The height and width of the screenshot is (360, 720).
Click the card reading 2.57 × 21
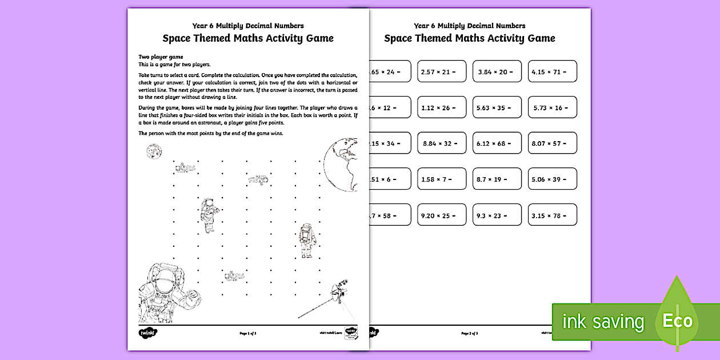click(x=442, y=71)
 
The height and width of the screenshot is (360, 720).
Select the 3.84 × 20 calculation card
click(x=497, y=71)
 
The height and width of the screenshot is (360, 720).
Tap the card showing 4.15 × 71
click(x=552, y=71)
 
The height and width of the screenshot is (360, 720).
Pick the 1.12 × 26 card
click(x=442, y=107)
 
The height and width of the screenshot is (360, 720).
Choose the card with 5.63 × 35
click(x=497, y=107)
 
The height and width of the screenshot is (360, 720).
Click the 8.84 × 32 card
click(x=442, y=143)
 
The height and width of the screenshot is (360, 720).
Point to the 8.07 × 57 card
click(x=552, y=143)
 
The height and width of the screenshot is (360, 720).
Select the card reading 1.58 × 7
click(x=442, y=179)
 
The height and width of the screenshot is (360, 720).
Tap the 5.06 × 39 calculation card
click(x=552, y=179)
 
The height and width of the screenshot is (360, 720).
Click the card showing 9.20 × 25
click(x=442, y=215)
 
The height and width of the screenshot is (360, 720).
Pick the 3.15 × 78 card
click(x=552, y=215)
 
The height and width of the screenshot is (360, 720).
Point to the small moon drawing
click(x=153, y=151)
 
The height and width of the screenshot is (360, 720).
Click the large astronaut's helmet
click(x=162, y=279)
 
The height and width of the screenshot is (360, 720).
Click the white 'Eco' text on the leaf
click(x=677, y=321)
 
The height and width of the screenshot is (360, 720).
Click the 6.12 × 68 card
click(x=497, y=143)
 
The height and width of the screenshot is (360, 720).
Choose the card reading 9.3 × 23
click(x=497, y=215)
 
